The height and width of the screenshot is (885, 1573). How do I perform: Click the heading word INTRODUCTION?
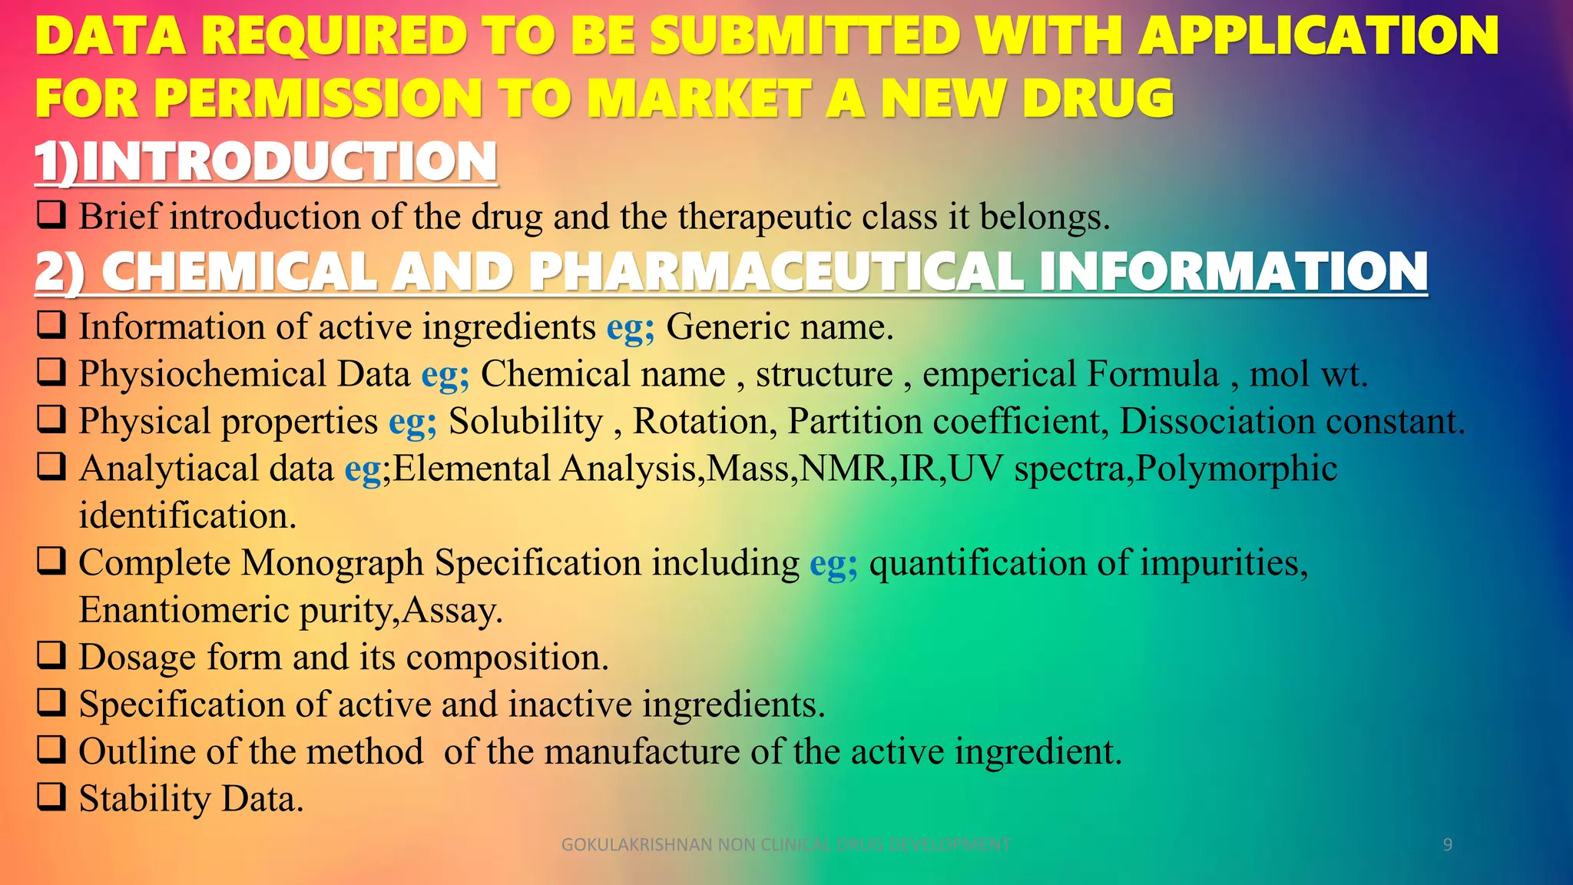pyautogui.click(x=289, y=162)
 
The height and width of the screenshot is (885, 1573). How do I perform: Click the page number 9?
pyautogui.click(x=1447, y=845)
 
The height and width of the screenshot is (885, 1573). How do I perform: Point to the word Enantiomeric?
pyautogui.click(x=184, y=611)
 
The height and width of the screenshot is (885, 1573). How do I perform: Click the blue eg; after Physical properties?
pyautogui.click(x=412, y=422)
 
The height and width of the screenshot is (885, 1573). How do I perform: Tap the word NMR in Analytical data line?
pyautogui.click(x=843, y=469)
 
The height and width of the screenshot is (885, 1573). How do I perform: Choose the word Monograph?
pyautogui.click(x=332, y=563)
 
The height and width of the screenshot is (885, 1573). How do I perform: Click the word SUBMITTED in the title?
pyautogui.click(x=806, y=36)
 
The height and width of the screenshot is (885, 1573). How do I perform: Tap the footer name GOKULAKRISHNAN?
pyautogui.click(x=637, y=845)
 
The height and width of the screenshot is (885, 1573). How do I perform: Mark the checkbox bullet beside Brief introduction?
pyautogui.click(x=51, y=215)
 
